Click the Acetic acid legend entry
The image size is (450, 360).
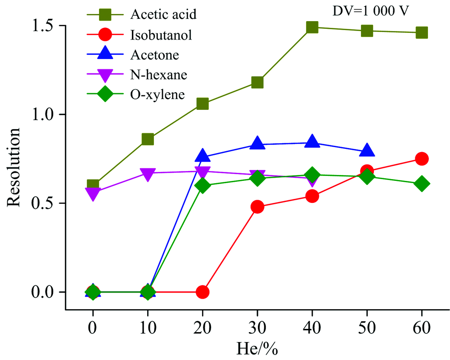coord(163,14)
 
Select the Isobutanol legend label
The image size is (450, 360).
coord(161,35)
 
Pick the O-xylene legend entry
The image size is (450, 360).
coord(157,95)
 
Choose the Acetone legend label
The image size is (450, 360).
coord(155,55)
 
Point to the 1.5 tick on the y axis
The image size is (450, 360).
coord(45,26)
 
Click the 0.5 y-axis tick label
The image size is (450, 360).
coord(45,203)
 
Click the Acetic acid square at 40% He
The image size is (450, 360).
coord(312,27)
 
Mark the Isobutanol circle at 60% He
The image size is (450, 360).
coord(422,159)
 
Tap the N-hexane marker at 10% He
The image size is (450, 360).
coord(148,174)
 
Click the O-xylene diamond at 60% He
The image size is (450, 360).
coord(422,184)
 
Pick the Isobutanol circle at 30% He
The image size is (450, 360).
coord(257,207)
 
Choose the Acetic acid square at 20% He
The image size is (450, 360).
coord(202,104)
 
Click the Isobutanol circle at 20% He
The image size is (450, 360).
coord(202,292)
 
